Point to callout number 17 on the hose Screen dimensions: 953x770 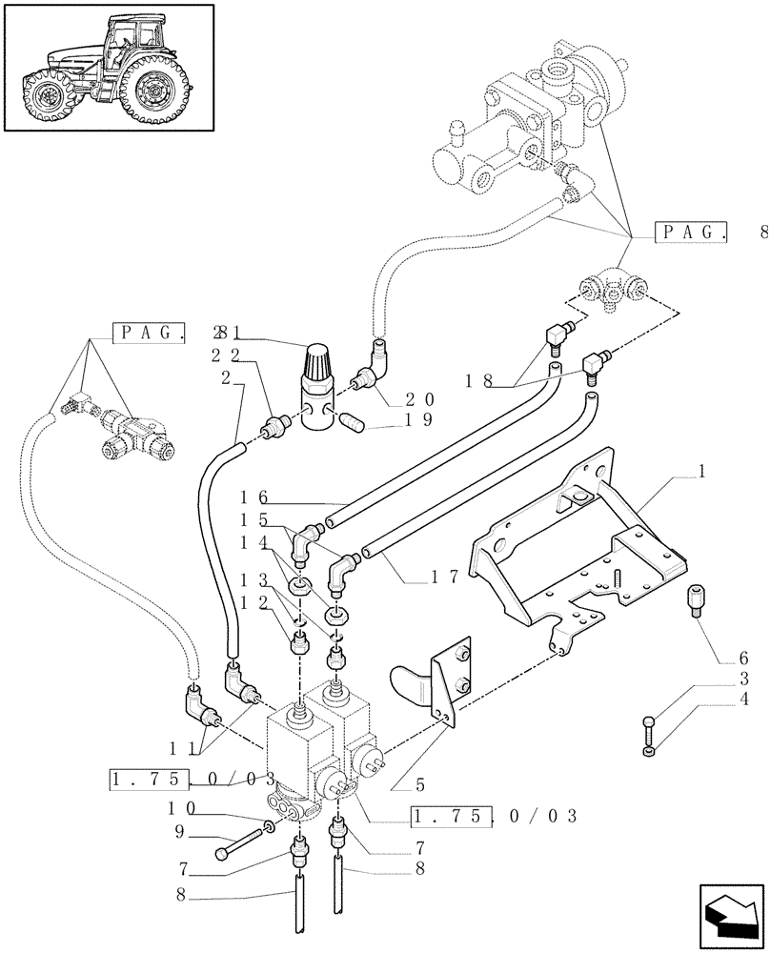point(440,576)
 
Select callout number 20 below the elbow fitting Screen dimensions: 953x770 point(418,399)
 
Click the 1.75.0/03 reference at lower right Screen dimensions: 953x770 point(495,816)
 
